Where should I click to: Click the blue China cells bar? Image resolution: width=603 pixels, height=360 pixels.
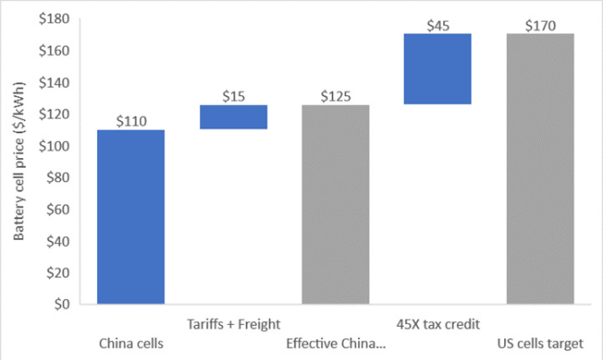(x=130, y=216)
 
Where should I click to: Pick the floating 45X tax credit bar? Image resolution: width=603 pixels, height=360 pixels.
(x=438, y=69)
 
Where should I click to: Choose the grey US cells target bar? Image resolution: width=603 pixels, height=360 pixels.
(x=540, y=169)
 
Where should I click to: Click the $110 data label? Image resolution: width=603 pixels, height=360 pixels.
(x=130, y=121)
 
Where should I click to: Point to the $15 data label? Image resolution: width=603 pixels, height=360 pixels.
(x=233, y=96)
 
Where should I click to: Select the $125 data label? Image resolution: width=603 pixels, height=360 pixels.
(x=336, y=96)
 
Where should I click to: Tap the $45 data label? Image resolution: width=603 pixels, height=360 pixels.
(x=438, y=25)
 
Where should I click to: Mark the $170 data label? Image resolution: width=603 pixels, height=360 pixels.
(x=540, y=25)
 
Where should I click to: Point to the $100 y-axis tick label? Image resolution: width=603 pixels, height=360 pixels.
(x=60, y=146)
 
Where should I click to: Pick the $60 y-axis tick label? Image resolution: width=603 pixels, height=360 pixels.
(x=63, y=209)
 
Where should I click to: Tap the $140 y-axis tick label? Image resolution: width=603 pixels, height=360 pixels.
(x=60, y=83)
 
